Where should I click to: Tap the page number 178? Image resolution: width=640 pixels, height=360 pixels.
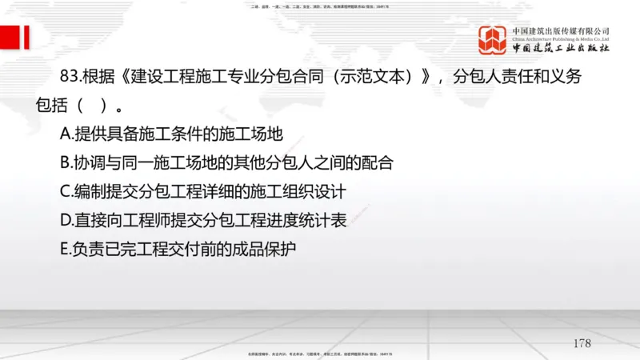582,343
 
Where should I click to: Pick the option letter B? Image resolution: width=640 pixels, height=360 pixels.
66,162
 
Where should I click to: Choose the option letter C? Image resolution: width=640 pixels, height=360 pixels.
66,191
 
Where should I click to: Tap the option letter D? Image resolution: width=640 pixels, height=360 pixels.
66,220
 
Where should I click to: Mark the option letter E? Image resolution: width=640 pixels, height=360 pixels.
65,249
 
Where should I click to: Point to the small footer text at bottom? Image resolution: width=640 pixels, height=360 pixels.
320,352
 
